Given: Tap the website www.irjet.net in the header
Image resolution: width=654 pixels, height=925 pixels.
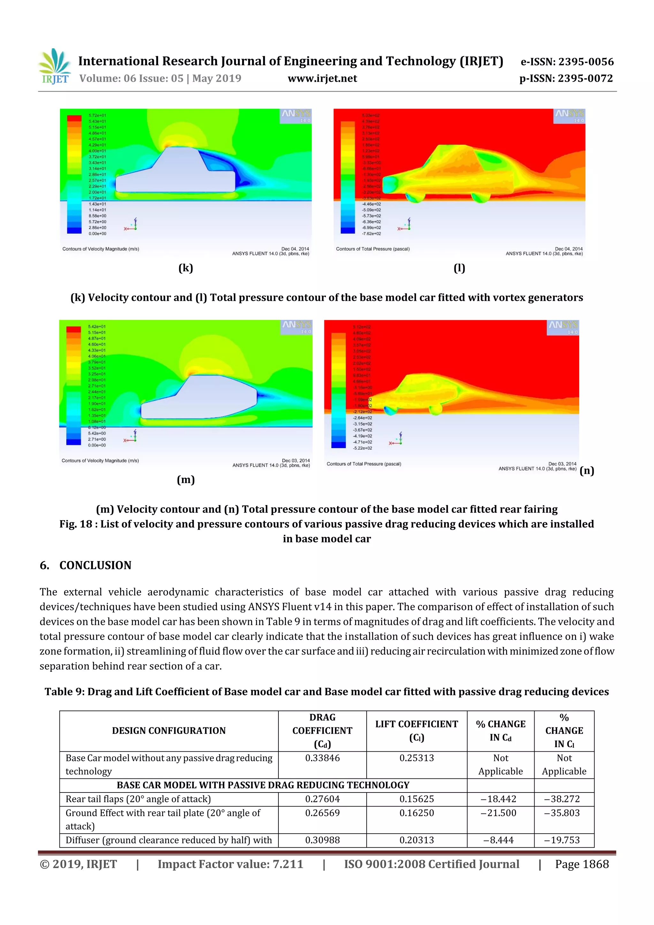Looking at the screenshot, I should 322,79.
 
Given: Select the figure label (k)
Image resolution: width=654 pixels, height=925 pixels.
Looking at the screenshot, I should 186,268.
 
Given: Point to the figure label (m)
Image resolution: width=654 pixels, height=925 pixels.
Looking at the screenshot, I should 186,479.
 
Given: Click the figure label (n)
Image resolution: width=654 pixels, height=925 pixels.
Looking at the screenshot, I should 587,471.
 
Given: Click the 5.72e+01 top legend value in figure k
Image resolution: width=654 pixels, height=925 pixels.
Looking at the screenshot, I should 97,116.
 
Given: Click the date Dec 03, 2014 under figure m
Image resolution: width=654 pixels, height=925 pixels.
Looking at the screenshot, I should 296,460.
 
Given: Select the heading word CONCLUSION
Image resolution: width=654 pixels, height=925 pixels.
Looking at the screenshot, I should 95,565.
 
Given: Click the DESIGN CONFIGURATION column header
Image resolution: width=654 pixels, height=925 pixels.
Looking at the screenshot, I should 169,731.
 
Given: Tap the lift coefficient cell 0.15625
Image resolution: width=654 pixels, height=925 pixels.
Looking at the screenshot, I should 417,799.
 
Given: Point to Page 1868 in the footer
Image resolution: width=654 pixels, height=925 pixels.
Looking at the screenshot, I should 582,864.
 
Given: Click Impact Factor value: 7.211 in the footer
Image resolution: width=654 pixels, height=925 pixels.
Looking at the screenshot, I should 230,864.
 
